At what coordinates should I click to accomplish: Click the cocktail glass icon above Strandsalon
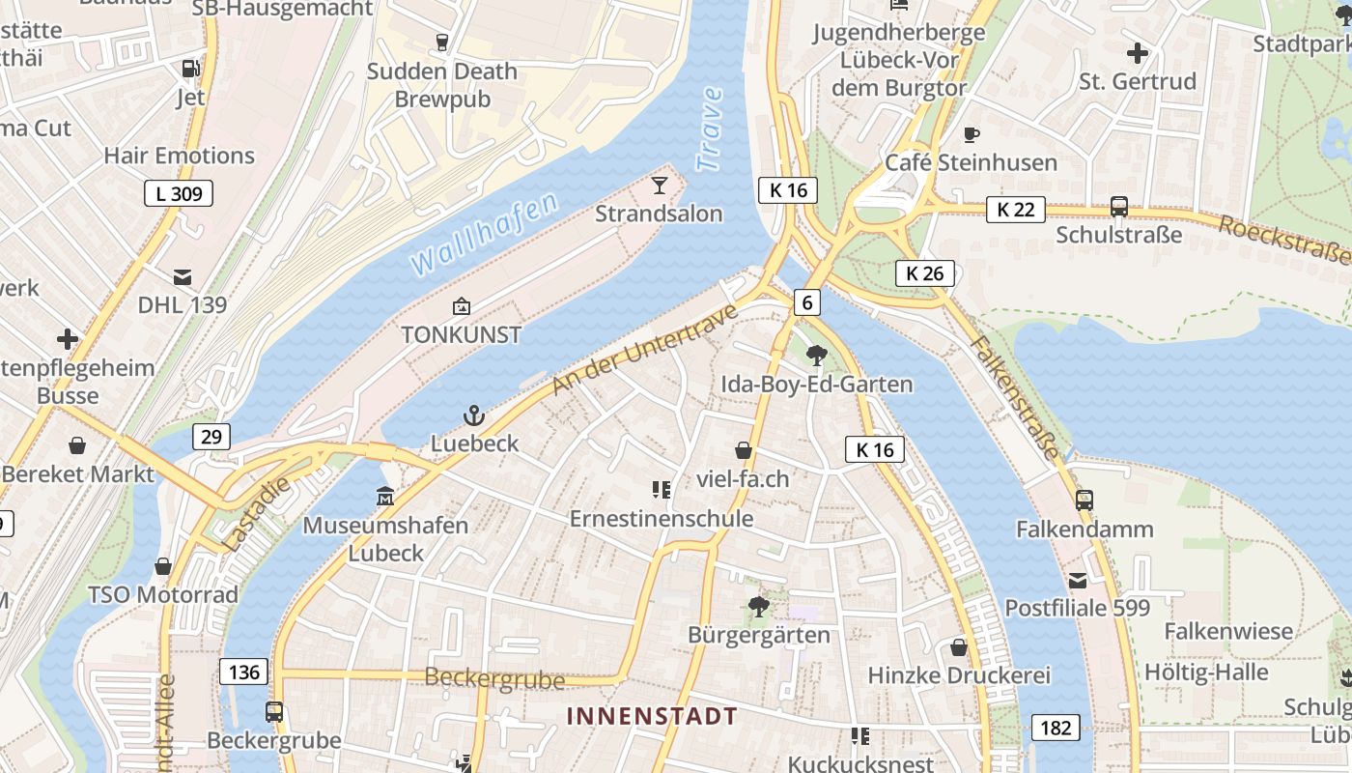coord(660,185)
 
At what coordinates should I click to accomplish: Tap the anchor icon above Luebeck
coord(474,415)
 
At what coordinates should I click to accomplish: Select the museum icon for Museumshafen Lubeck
coord(385,497)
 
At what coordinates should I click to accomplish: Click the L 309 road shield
coord(179,193)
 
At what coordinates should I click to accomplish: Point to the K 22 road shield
coord(1015,209)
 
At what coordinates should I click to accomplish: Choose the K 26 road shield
coord(924,273)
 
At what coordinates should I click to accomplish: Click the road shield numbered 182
coord(1056,727)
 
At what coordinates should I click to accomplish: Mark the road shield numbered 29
coord(211,437)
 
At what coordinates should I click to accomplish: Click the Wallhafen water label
coord(484,233)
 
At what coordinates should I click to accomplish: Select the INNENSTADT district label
coord(652,717)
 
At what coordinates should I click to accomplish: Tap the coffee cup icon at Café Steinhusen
coord(972,134)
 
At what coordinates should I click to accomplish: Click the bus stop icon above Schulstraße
coord(1118,207)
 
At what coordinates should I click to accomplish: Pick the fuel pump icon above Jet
coord(190,69)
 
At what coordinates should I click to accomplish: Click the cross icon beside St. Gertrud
coord(1138,52)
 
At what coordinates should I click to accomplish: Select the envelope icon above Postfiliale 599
coord(1077,580)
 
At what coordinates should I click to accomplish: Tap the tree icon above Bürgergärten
coord(759,607)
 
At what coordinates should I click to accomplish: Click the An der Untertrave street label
coord(644,349)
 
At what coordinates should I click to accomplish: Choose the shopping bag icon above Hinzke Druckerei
coord(959,646)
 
